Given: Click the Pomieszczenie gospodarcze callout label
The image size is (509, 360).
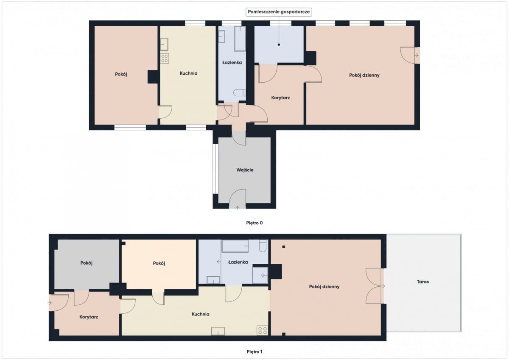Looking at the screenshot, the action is [x=279, y=12].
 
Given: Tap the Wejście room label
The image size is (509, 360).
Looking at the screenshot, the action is [x=245, y=170].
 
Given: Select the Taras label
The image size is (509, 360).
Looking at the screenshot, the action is [x=423, y=282].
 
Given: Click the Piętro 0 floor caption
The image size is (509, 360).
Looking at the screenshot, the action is [x=254, y=223].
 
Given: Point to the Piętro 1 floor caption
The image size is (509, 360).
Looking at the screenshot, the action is [x=254, y=352].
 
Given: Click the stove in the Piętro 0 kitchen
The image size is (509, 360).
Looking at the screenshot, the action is [x=165, y=59].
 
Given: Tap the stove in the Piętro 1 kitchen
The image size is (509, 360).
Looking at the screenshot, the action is [x=263, y=330].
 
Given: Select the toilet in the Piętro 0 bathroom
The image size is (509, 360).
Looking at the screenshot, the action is [x=240, y=93].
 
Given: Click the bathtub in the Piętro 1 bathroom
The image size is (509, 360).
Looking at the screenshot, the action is [x=235, y=246].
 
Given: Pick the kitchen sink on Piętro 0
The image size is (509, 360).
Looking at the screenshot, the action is [x=164, y=44].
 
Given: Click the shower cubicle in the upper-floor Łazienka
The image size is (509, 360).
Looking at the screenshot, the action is [x=260, y=275].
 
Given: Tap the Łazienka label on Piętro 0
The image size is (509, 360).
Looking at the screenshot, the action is [x=232, y=62].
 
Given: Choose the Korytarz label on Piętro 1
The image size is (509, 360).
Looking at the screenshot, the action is [x=89, y=317].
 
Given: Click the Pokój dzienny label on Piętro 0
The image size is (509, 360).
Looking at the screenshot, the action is [x=364, y=75].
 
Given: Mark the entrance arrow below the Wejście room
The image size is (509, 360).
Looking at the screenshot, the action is [x=237, y=208].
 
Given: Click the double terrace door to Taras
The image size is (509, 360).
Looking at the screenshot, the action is [x=375, y=286].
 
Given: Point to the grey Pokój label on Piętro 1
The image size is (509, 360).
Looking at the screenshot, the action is [x=87, y=263].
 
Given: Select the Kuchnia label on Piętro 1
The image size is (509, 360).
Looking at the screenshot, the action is [x=200, y=314].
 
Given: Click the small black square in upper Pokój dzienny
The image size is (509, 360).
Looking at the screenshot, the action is [x=284, y=247].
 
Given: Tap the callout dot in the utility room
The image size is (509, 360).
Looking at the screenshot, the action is [x=279, y=45].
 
